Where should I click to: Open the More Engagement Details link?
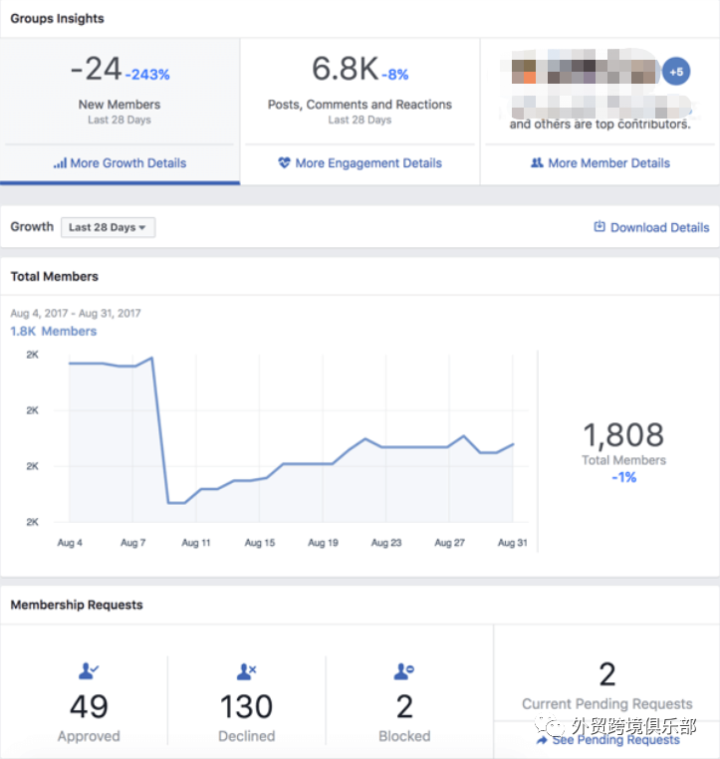[360, 163]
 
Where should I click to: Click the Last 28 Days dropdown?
[108, 227]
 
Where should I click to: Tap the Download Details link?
[651, 227]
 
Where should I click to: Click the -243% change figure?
[147, 75]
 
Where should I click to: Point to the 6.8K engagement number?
[345, 69]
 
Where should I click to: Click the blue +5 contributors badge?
[676, 72]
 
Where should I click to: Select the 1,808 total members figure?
[622, 434]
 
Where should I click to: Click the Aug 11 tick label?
[196, 543]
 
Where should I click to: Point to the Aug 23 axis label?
[386, 543]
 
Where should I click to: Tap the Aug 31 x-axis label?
[513, 543]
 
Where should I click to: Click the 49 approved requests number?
[89, 706]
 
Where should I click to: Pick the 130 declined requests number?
[246, 706]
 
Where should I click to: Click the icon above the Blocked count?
[404, 672]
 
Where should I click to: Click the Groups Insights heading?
[57, 18]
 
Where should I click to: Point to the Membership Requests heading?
[77, 605]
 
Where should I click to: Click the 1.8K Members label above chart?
[54, 331]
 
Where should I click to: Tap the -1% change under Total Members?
[623, 477]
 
